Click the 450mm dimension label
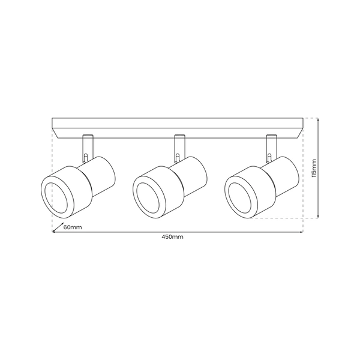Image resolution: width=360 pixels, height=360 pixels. [x=172, y=237]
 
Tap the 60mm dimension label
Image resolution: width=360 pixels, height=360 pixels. [x=72, y=227]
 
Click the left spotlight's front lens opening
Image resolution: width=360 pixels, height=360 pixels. [x=56, y=197]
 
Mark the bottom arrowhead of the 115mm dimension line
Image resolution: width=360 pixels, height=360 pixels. [x=318, y=217]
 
